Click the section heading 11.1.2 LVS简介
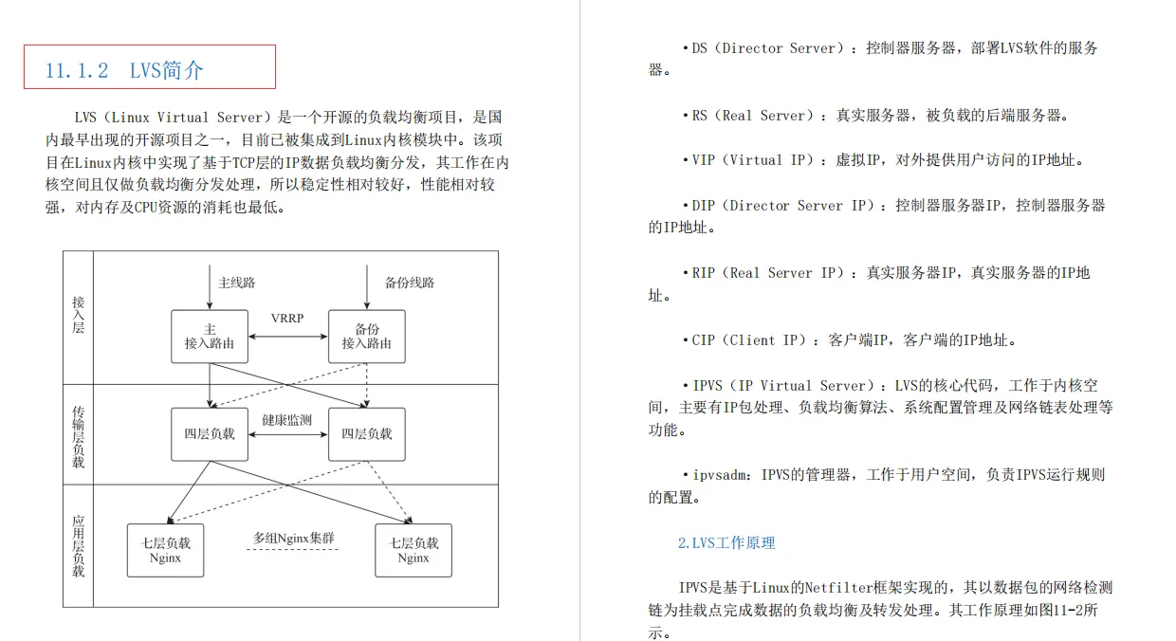click(x=124, y=70)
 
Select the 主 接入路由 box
click(x=210, y=336)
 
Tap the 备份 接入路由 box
click(x=366, y=336)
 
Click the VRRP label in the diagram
click(x=287, y=319)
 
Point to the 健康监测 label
click(x=287, y=420)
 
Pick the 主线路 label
click(x=237, y=283)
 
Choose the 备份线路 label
click(x=410, y=283)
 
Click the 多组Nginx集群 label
click(x=294, y=539)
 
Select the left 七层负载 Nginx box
click(x=166, y=550)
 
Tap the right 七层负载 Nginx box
click(x=413, y=550)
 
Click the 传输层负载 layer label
click(x=79, y=437)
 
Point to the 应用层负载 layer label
click(x=79, y=546)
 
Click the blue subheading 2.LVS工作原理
click(x=726, y=543)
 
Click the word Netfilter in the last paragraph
click(x=854, y=588)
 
